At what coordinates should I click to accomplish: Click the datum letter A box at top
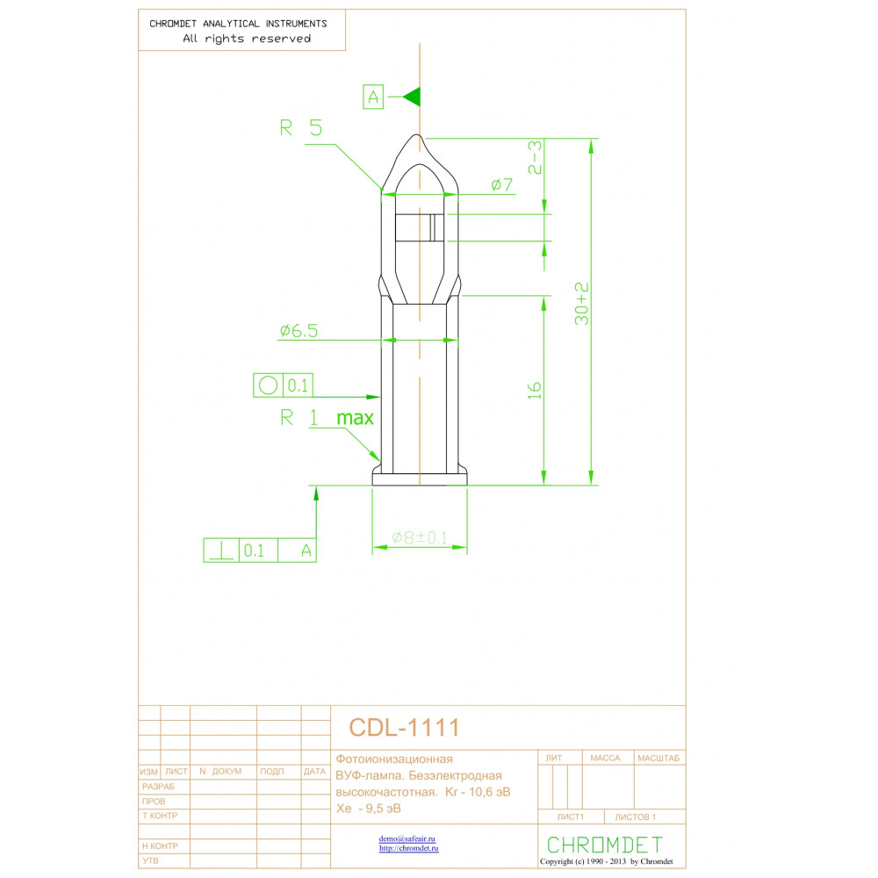(x=373, y=97)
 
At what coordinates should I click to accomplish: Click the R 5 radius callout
(x=300, y=128)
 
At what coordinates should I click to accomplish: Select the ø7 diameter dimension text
(x=501, y=184)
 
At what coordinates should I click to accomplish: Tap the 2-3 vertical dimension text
(x=536, y=157)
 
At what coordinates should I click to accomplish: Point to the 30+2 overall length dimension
(x=582, y=304)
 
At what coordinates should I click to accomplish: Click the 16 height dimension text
(x=535, y=391)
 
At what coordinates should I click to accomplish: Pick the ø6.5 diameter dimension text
(x=299, y=330)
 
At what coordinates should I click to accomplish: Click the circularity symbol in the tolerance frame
(x=268, y=385)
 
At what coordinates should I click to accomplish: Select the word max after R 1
(x=355, y=418)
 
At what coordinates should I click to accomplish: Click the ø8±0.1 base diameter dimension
(x=420, y=537)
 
